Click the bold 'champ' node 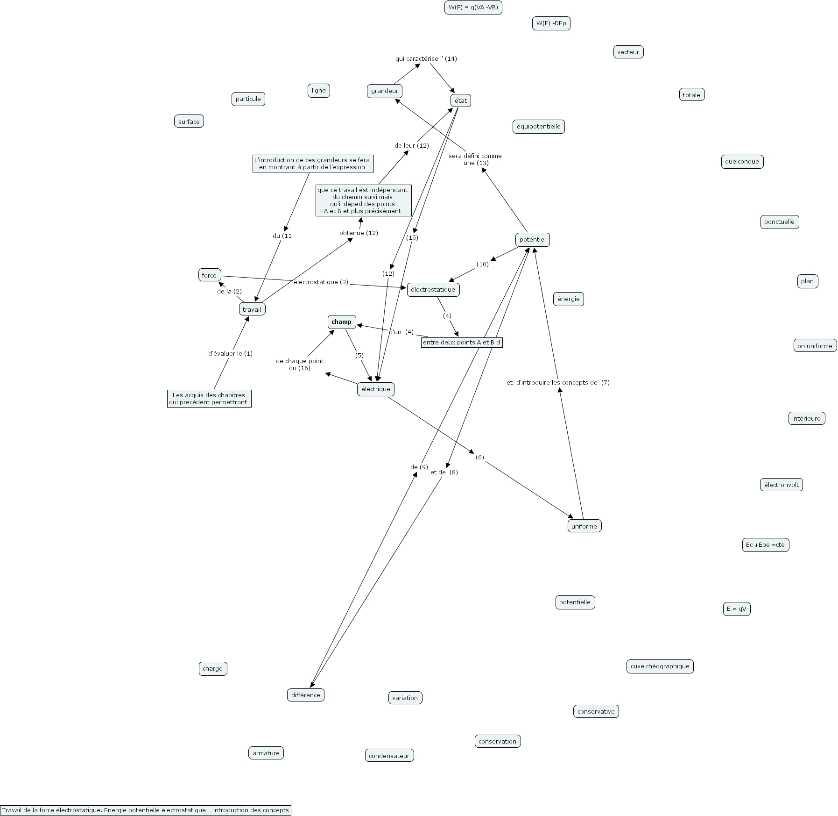[341, 322]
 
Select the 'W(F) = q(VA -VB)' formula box [473, 7]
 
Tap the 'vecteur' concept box [628, 52]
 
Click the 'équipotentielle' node [538, 127]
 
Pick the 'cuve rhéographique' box [660, 666]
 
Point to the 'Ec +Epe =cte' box [765, 545]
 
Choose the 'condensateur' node [389, 756]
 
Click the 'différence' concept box [305, 695]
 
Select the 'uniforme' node [584, 526]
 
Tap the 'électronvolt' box [781, 485]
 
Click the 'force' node [209, 275]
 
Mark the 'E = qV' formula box [736, 609]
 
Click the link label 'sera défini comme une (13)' [475, 159]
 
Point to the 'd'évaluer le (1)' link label [230, 354]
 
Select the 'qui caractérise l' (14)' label [426, 59]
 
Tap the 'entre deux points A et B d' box [461, 343]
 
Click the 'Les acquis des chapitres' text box [209, 399]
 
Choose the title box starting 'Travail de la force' [146, 810]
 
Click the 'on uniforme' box [815, 346]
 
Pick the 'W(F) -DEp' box [551, 23]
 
